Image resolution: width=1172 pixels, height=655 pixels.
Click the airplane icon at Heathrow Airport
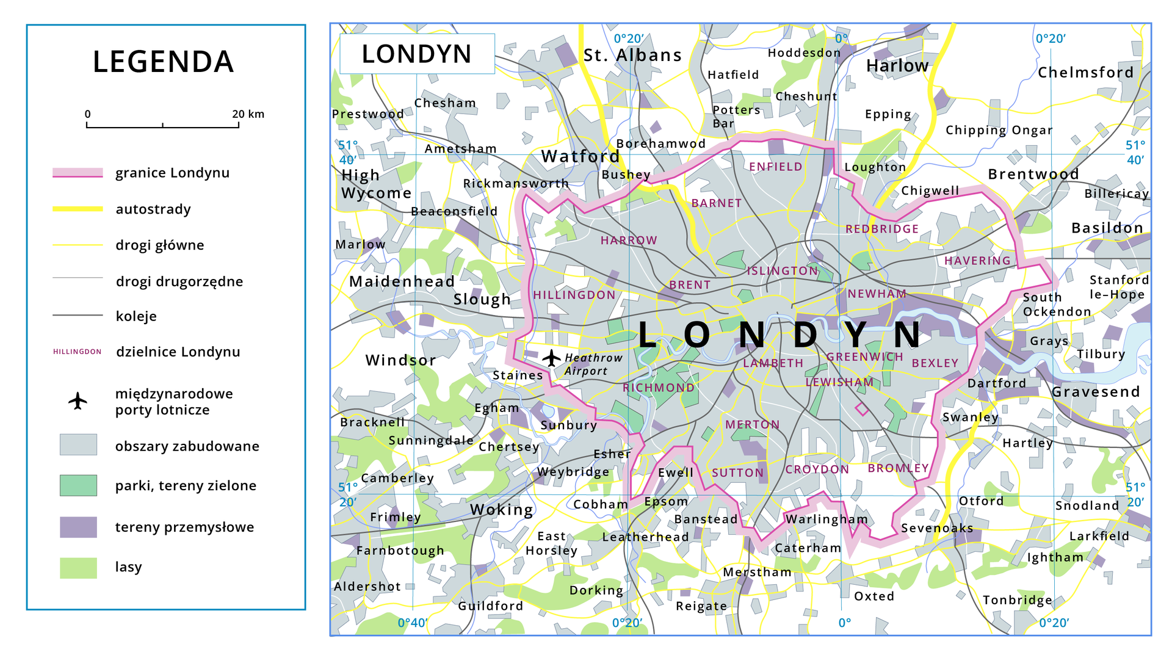pos(551,358)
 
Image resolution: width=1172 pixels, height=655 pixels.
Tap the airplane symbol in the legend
pos(78,401)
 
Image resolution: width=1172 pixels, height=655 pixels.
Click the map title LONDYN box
pos(417,54)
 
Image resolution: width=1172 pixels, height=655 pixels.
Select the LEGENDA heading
pos(164,62)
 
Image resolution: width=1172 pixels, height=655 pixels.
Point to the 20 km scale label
pos(248,114)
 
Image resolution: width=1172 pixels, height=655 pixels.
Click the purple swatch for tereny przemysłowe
pos(78,527)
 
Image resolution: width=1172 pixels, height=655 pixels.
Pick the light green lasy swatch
pos(78,567)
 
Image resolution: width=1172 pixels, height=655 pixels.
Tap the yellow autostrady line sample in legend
pos(78,209)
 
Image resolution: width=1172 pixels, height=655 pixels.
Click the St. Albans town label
pos(632,56)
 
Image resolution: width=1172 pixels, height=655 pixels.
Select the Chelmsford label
pos(1085,73)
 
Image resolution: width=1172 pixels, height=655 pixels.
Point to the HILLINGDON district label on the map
pos(574,295)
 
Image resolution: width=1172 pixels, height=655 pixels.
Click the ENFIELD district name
pos(775,167)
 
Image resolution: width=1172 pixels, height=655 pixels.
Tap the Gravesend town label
pos(1095,392)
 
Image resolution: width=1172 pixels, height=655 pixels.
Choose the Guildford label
pos(490,606)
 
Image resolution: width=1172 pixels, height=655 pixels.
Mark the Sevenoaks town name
pos(937,528)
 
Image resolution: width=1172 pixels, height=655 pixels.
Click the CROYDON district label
pos(817,469)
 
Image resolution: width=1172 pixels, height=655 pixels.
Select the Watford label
pos(580,156)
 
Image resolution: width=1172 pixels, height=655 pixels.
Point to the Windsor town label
pos(400,360)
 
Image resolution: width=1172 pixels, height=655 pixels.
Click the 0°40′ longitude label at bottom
pos(412,623)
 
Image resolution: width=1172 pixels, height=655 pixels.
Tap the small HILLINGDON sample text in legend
pos(78,352)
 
